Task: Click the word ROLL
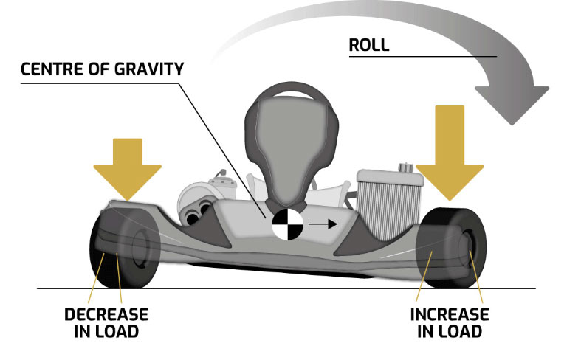(368, 44)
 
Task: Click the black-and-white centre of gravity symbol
(286, 222)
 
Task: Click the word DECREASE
(106, 314)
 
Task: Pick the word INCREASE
(450, 314)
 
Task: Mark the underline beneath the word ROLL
(422, 56)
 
